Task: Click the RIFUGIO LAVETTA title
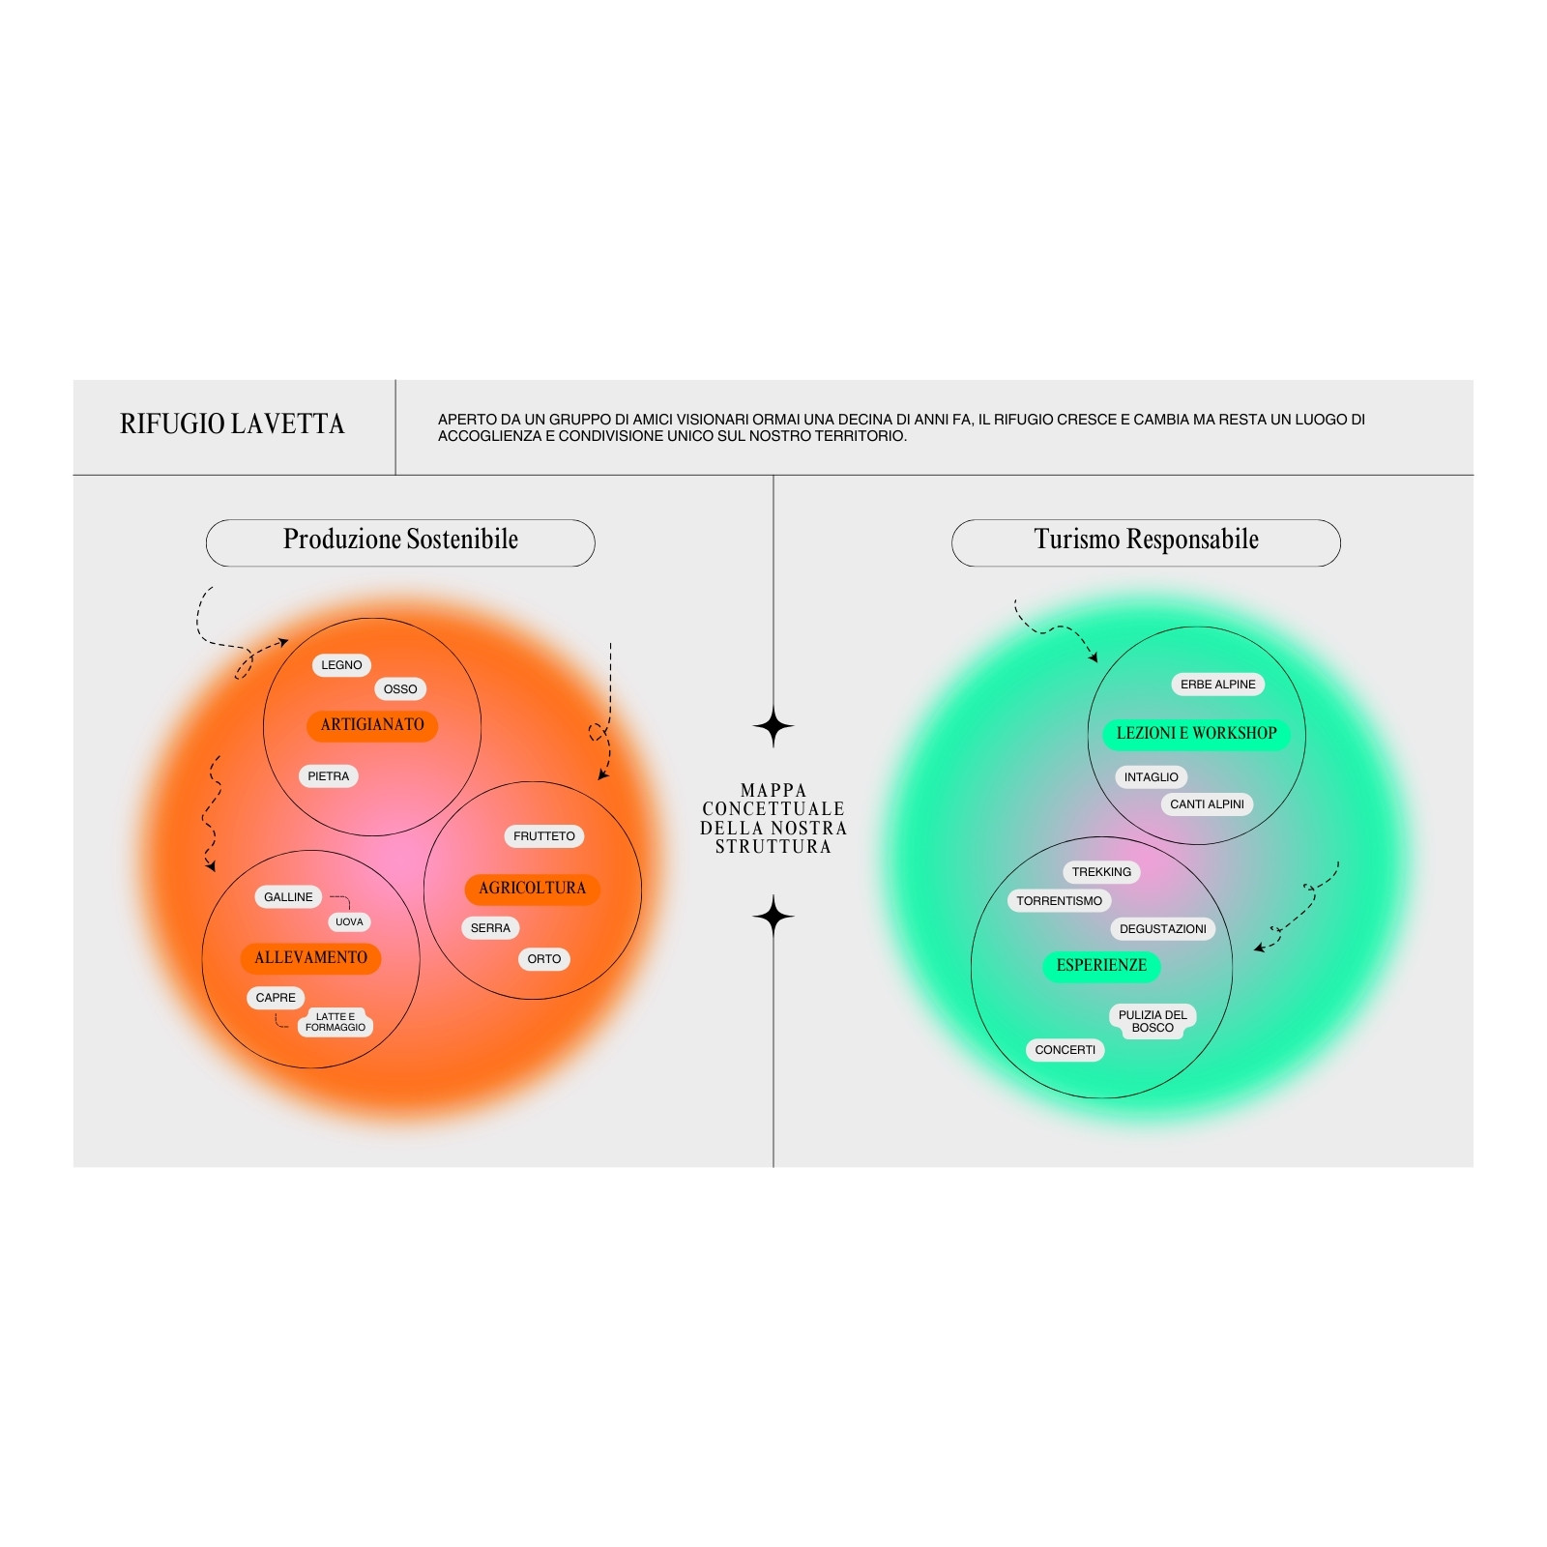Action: pyautogui.click(x=232, y=423)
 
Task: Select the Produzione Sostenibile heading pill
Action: pyautogui.click(x=400, y=542)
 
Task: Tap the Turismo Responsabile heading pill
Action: pyautogui.click(x=1146, y=542)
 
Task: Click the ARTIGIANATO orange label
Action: pyautogui.click(x=372, y=725)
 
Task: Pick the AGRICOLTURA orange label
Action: pyautogui.click(x=532, y=889)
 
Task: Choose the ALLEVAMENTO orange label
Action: pyautogui.click(x=310, y=958)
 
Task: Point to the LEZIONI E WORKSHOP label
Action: pyautogui.click(x=1196, y=734)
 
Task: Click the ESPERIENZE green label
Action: pyautogui.click(x=1101, y=966)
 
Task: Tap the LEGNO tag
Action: pyautogui.click(x=341, y=665)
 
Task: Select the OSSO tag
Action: pyautogui.click(x=400, y=689)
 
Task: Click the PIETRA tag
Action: pyautogui.click(x=329, y=776)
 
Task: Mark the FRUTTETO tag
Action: pyautogui.click(x=544, y=836)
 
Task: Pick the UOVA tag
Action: pyautogui.click(x=349, y=922)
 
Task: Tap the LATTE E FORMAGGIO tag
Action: pyautogui.click(x=336, y=1022)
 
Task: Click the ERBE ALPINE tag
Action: pyautogui.click(x=1218, y=685)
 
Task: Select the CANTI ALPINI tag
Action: pyautogui.click(x=1207, y=804)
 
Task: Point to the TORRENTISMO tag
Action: pyautogui.click(x=1059, y=901)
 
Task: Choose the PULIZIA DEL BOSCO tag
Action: pyautogui.click(x=1153, y=1021)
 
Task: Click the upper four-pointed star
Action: pyautogui.click(x=773, y=726)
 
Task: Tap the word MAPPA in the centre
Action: pyautogui.click(x=773, y=790)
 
